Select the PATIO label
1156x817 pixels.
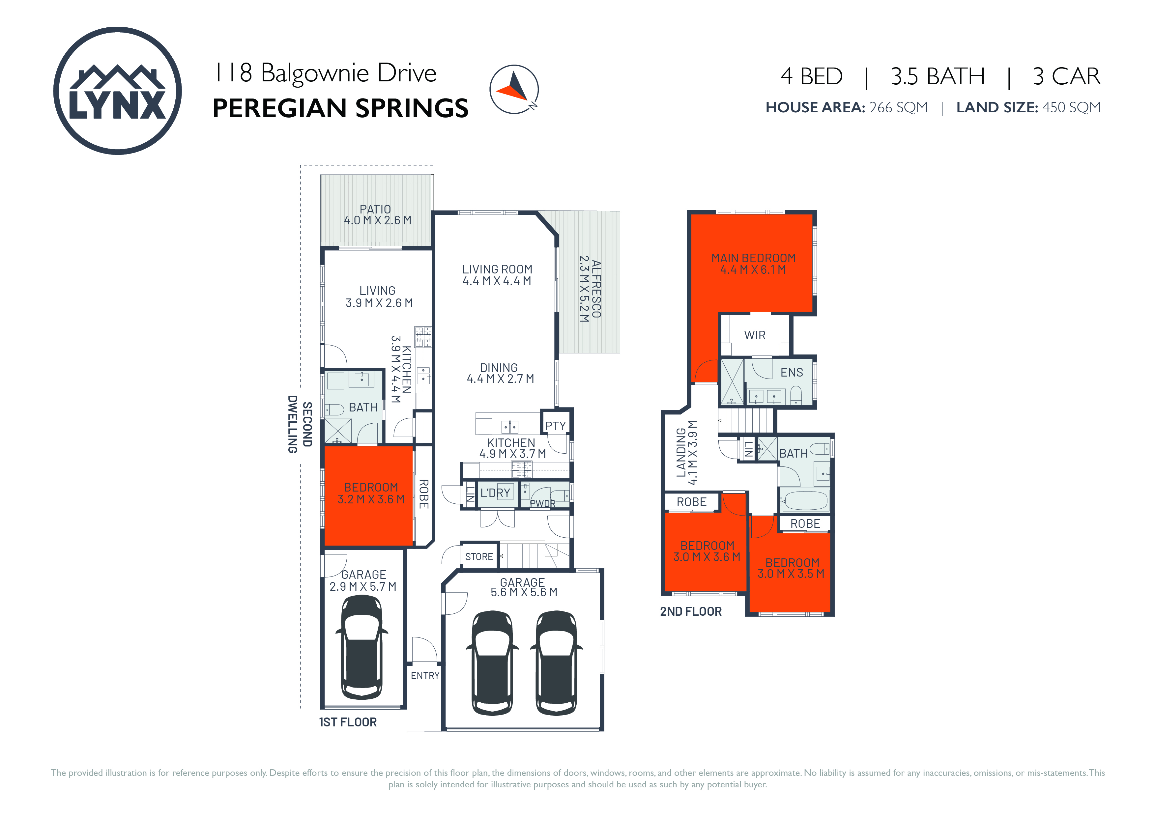pyautogui.click(x=375, y=209)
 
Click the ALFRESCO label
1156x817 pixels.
pyautogui.click(x=596, y=289)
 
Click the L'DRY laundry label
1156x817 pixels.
pyautogui.click(x=495, y=493)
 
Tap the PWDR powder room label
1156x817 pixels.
pyautogui.click(x=542, y=503)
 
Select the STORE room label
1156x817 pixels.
pyautogui.click(x=479, y=557)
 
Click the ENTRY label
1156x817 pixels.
pyautogui.click(x=425, y=676)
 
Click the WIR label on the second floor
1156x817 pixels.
pyautogui.click(x=755, y=335)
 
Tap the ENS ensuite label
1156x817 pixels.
pyautogui.click(x=792, y=373)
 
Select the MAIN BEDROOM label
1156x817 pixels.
pyautogui.click(x=753, y=258)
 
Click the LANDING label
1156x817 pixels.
pyautogui.click(x=681, y=453)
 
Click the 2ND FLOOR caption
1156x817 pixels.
pyautogui.click(x=691, y=612)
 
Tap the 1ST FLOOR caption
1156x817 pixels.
pyautogui.click(x=348, y=722)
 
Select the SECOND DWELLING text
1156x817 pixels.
pyautogui.click(x=300, y=424)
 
